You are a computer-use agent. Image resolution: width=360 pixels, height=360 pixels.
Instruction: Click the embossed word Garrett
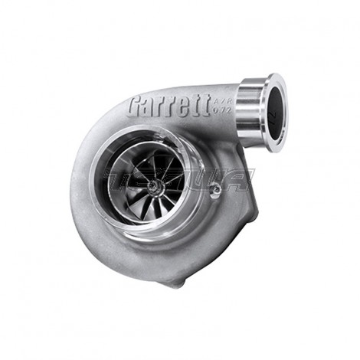click(x=169, y=105)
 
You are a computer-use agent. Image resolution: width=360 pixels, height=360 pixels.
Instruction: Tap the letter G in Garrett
click(x=138, y=104)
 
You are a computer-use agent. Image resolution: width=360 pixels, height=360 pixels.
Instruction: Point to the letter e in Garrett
click(x=189, y=105)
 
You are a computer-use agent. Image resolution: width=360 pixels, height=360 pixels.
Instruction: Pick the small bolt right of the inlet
click(x=217, y=187)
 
